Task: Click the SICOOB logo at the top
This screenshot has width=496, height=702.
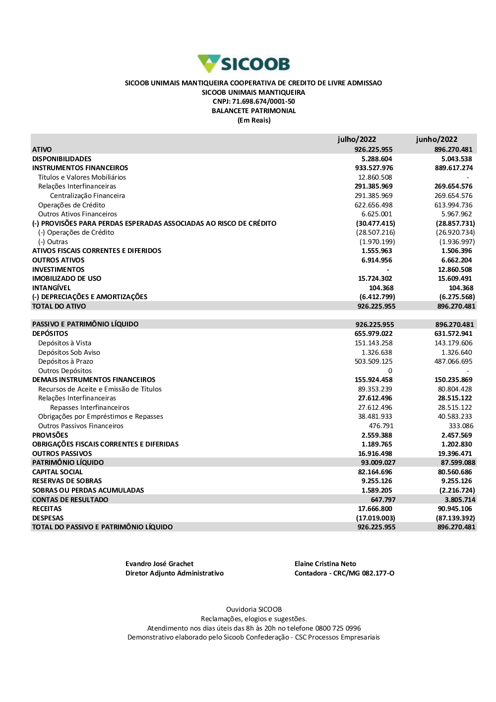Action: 244,64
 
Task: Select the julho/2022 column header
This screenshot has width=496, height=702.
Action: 357,139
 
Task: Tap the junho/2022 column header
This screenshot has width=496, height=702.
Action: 436,139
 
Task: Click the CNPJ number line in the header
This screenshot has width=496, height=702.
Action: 253,102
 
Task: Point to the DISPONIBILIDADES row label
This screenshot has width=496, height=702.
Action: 62,159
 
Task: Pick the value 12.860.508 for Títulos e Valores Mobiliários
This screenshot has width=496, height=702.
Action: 375,177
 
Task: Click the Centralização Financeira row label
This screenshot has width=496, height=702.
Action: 87,195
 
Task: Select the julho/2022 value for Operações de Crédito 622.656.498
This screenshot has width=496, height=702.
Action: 373,205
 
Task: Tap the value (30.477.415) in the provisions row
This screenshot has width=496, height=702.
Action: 375,223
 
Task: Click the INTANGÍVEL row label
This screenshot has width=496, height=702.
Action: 52,288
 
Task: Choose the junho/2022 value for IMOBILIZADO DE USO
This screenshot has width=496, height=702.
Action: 455,278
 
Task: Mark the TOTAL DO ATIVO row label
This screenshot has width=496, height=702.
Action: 59,306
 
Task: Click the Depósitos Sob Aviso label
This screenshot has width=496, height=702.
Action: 69,352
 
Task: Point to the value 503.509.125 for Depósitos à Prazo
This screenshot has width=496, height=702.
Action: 373,361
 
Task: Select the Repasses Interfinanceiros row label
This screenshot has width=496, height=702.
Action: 90,407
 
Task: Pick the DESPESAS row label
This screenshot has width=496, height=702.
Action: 48,518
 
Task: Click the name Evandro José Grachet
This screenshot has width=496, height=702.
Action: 159,564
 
